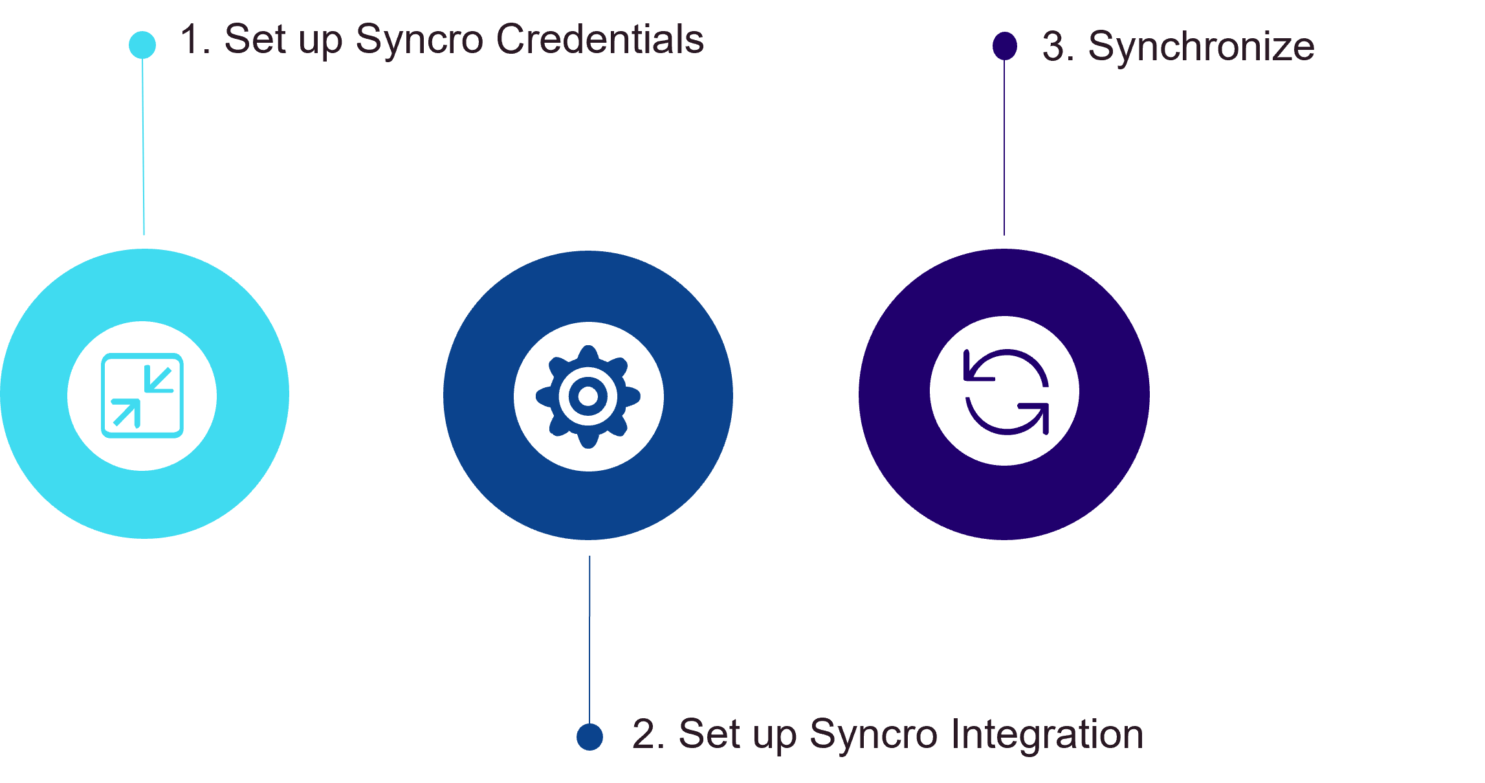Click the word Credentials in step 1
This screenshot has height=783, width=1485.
click(600, 40)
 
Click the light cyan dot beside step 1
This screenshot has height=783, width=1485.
click(142, 45)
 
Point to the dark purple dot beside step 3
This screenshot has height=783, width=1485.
click(1004, 45)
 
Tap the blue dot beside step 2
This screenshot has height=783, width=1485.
click(589, 736)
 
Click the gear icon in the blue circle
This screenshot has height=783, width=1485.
click(588, 396)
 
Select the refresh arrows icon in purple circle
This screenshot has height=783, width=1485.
click(1006, 391)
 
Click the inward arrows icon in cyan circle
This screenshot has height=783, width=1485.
click(142, 396)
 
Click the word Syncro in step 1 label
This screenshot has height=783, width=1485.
click(419, 40)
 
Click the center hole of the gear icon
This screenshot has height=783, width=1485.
click(588, 396)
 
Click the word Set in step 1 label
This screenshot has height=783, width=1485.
click(254, 40)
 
